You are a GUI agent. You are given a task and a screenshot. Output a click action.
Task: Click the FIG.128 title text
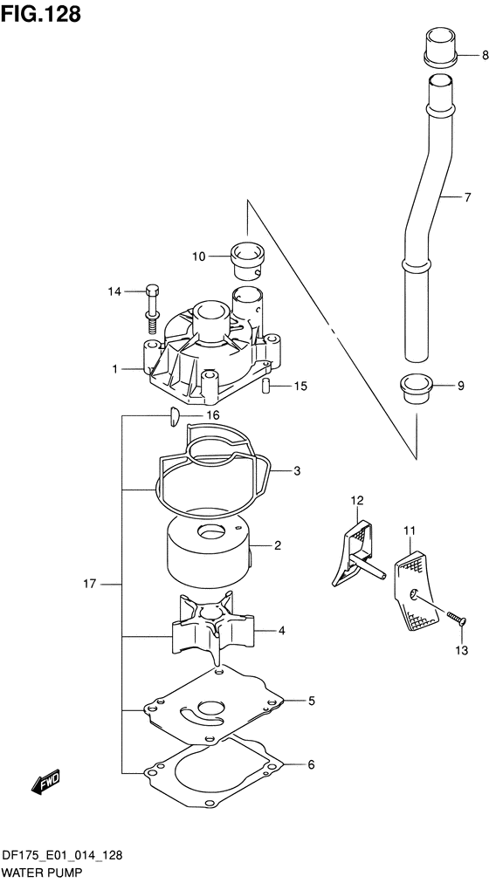(41, 14)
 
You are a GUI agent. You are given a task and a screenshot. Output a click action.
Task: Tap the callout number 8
(485, 55)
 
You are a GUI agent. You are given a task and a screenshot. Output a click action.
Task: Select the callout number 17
(90, 584)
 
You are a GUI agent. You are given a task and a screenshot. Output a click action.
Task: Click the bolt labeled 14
(152, 310)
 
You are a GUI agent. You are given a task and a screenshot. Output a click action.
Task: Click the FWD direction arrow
(45, 783)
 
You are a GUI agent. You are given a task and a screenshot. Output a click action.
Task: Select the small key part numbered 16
(173, 417)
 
